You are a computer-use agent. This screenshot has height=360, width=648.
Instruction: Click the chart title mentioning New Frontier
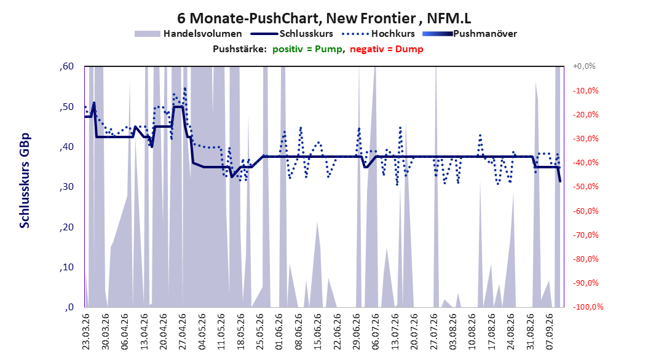(324, 18)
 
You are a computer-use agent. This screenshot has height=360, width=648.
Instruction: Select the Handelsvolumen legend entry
(188, 34)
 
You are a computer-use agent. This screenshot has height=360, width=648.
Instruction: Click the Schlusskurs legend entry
(292, 34)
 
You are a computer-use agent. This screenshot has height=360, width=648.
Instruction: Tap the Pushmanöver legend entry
(470, 34)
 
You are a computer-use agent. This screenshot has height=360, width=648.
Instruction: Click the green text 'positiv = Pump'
(307, 49)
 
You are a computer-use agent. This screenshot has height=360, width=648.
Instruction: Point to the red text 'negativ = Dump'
(387, 49)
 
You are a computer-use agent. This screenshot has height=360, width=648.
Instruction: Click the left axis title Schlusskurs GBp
(25, 181)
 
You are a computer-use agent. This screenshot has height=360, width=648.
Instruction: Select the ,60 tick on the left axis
(66, 66)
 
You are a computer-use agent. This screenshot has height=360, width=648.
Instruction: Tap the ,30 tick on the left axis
(66, 187)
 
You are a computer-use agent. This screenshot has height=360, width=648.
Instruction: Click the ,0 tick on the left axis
(69, 307)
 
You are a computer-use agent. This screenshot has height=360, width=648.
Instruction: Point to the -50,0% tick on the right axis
(585, 187)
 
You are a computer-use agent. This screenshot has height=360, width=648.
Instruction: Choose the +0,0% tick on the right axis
(584, 66)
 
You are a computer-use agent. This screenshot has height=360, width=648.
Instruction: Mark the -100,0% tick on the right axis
(588, 307)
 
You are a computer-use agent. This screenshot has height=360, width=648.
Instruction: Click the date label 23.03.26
(86, 332)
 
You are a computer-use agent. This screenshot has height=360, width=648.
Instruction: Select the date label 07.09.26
(550, 332)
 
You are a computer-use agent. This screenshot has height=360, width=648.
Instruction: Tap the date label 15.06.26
(318, 332)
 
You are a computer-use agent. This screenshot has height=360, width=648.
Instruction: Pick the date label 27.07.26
(434, 332)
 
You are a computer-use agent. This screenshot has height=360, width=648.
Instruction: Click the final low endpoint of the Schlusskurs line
(560, 181)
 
